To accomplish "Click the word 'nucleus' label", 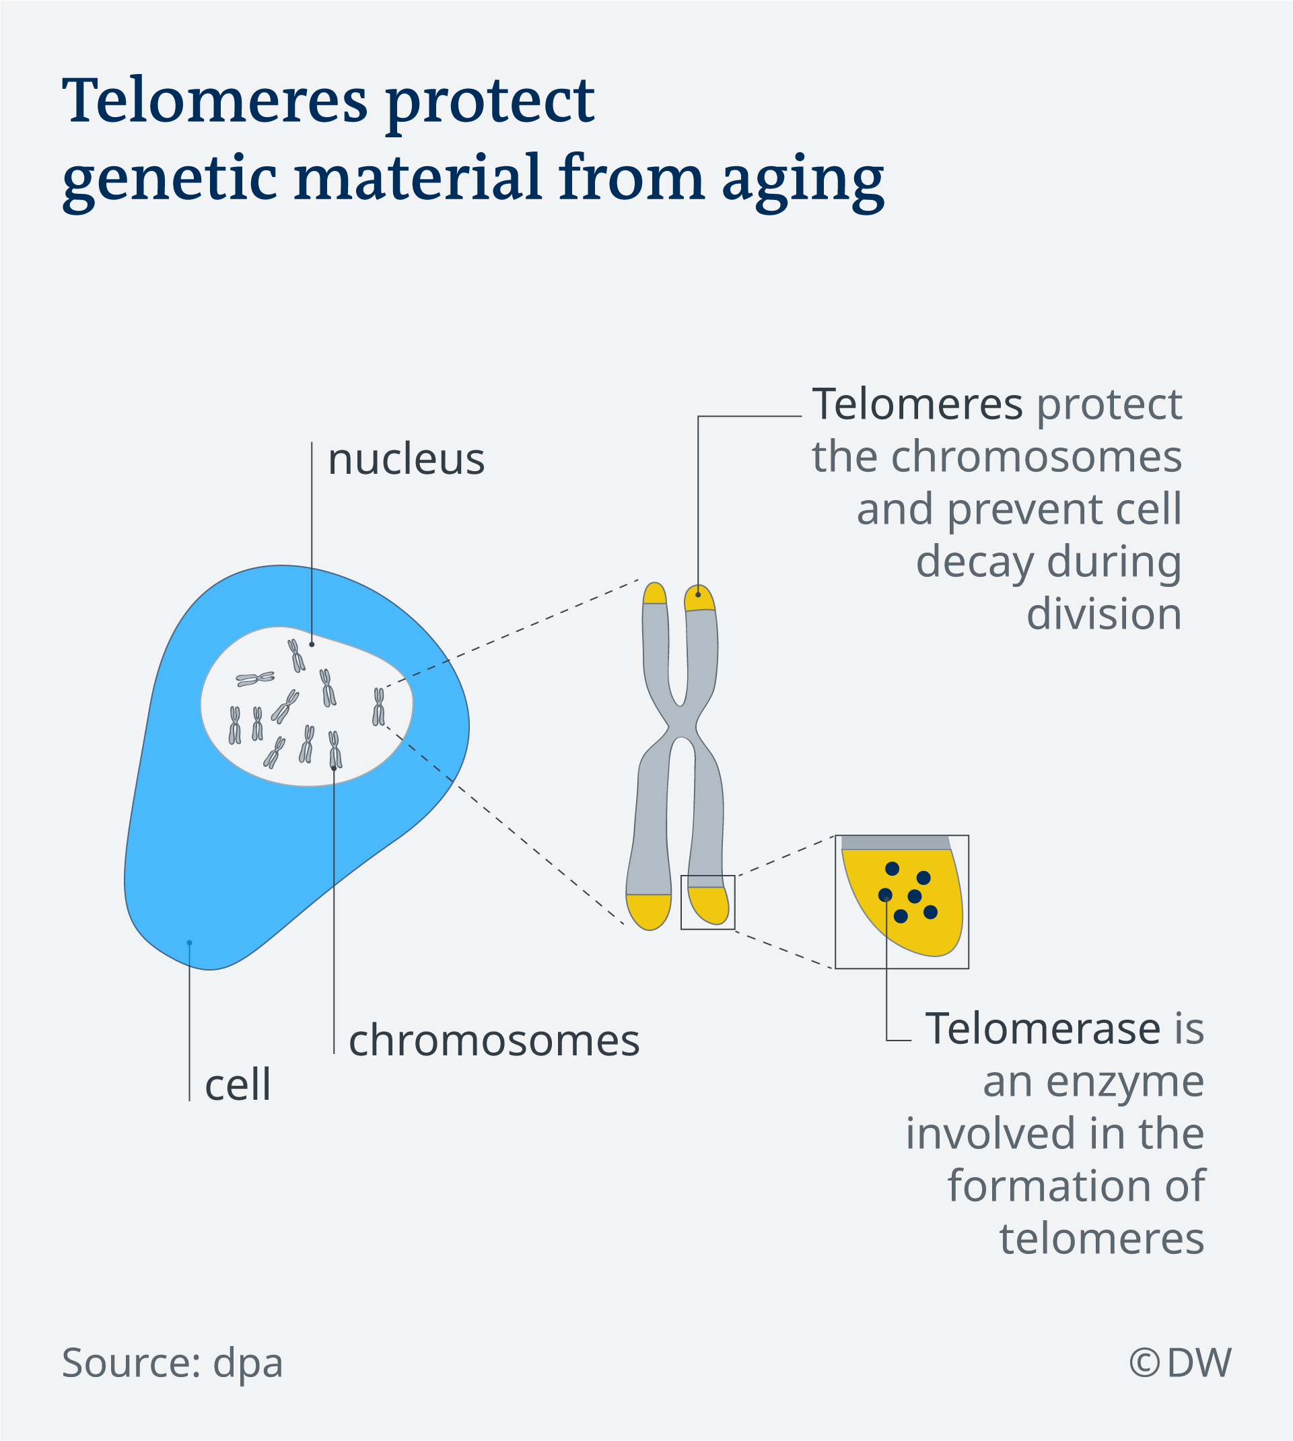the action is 406,459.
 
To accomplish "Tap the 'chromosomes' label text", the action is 494,1041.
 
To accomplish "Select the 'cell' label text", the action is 238,1085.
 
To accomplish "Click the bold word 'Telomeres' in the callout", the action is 917,405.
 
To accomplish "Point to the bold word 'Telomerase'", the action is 1043,1028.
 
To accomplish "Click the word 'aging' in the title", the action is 804,180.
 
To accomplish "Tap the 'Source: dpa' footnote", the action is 172,1363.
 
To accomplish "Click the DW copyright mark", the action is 1180,1362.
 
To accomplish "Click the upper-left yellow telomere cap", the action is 654,594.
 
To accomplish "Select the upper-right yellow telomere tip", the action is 699,598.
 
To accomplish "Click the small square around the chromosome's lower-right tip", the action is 707,876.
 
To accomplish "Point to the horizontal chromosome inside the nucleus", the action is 255,678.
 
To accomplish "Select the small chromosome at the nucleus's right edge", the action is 379,706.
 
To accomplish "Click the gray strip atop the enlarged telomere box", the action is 896,843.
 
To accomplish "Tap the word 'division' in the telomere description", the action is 1104,614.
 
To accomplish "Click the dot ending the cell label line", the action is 190,943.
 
